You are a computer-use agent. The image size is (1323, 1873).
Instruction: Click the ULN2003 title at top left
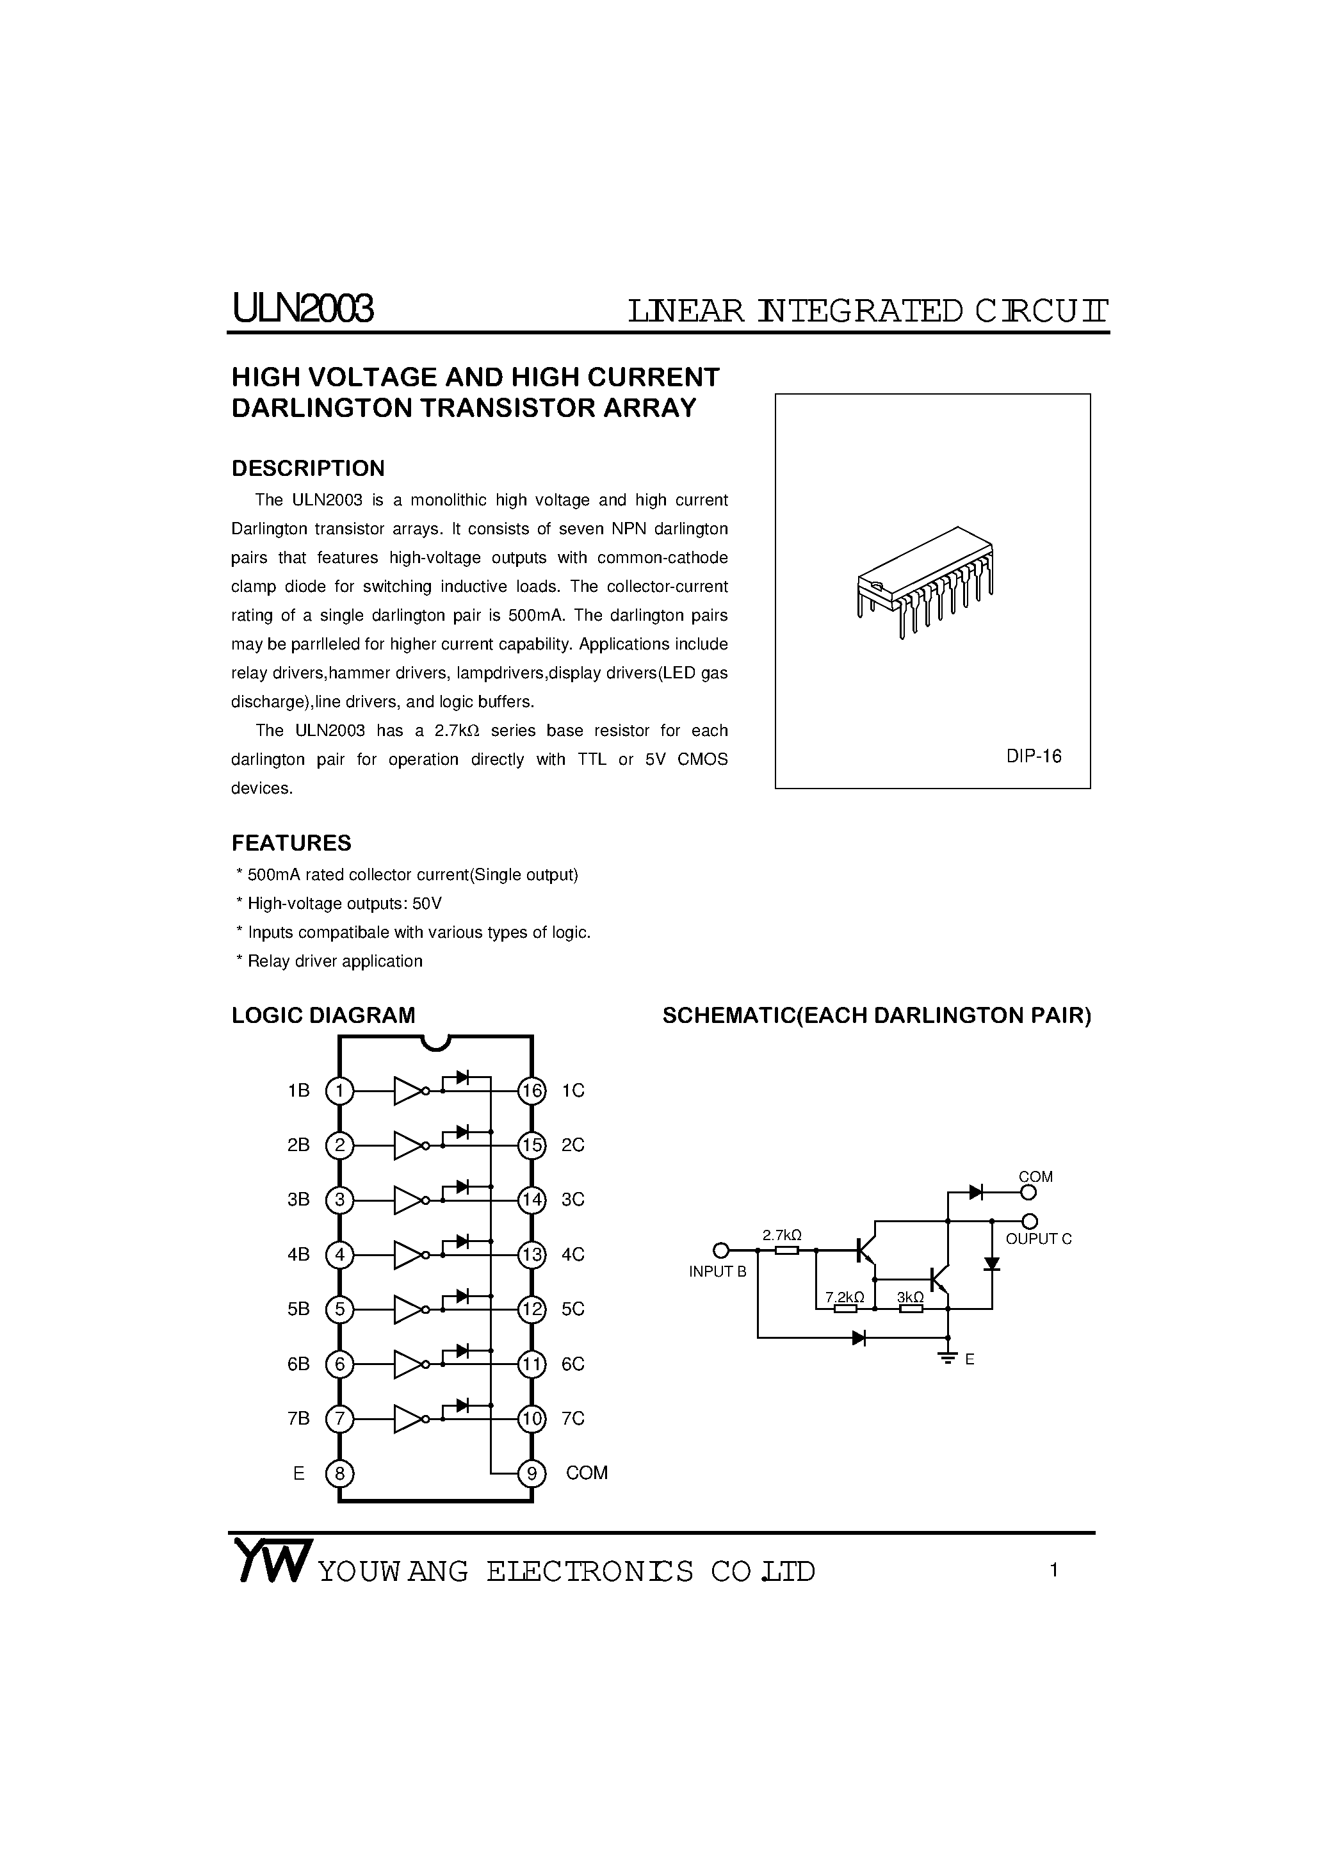pyautogui.click(x=303, y=309)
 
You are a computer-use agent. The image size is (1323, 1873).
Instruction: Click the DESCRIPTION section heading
pyautogui.click(x=307, y=468)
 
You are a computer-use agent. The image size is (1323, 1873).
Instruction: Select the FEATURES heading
pyautogui.click(x=291, y=843)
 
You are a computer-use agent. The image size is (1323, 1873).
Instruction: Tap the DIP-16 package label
pyautogui.click(x=1034, y=757)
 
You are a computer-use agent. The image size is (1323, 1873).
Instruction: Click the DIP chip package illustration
pyautogui.click(x=926, y=582)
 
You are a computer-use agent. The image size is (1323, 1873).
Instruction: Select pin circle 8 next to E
pyautogui.click(x=339, y=1473)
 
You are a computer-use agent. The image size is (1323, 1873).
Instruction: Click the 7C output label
pyautogui.click(x=572, y=1419)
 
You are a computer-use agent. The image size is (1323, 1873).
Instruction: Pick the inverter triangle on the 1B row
pyautogui.click(x=408, y=1091)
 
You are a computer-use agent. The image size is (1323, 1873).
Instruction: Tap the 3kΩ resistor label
pyautogui.click(x=910, y=1297)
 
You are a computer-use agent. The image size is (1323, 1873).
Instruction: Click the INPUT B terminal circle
pyautogui.click(x=720, y=1250)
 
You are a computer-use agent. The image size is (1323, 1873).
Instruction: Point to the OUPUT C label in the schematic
pyautogui.click(x=1038, y=1239)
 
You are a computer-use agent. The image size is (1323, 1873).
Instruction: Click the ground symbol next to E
pyautogui.click(x=948, y=1358)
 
